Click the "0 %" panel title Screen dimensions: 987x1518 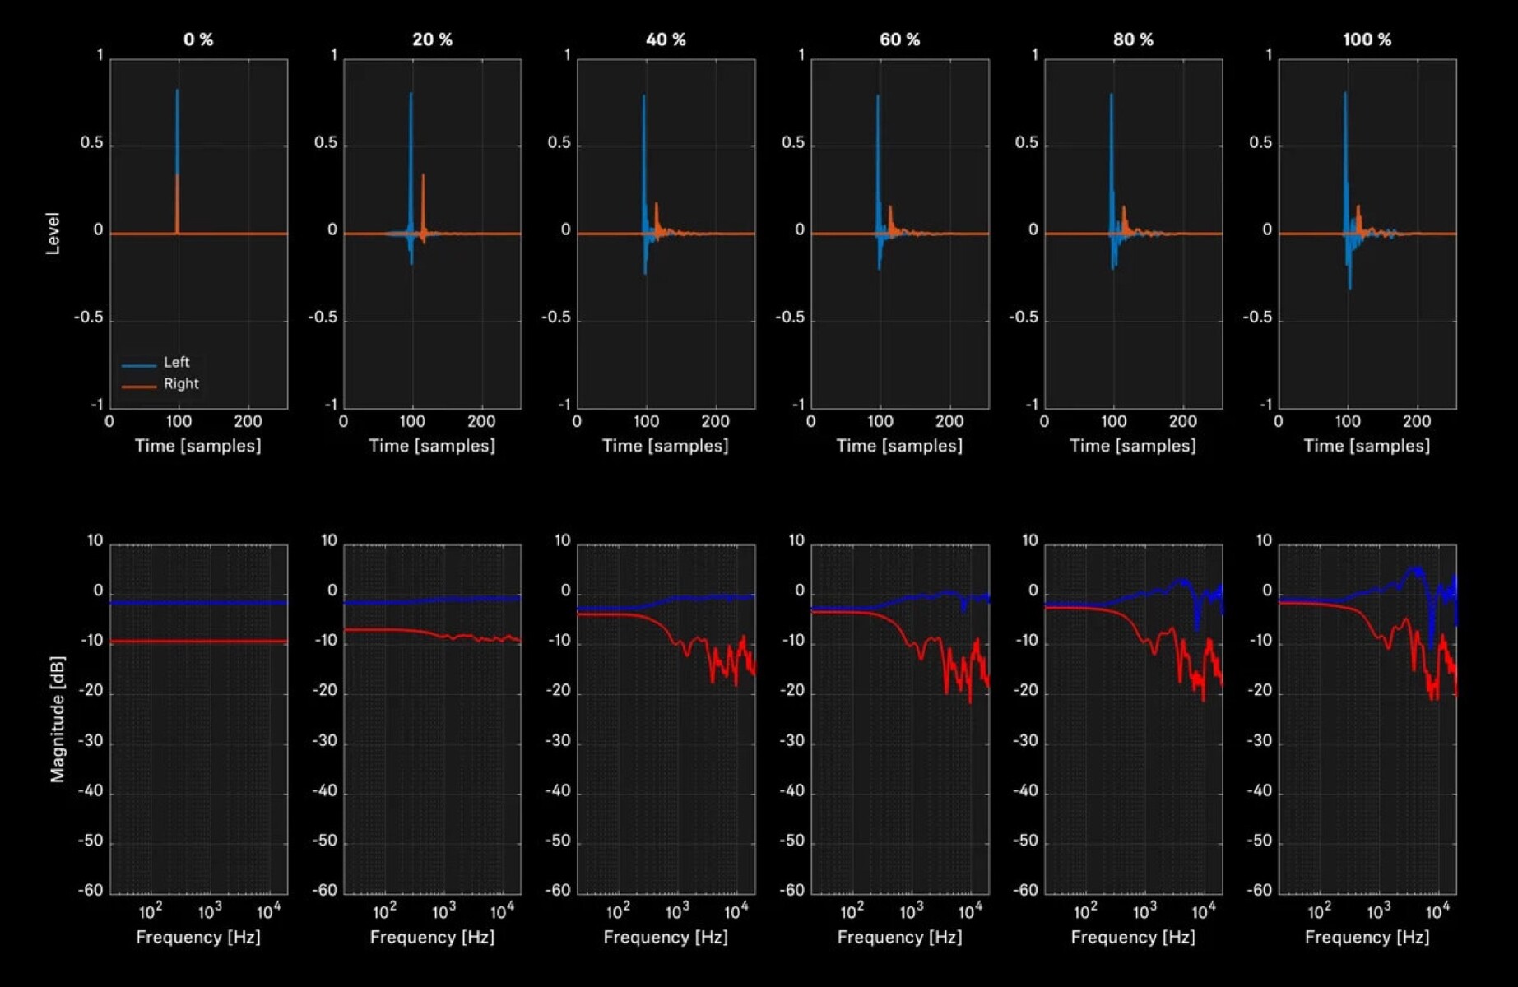(x=198, y=39)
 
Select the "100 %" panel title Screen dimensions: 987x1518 (x=1367, y=39)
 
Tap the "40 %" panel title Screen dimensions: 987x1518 (x=666, y=39)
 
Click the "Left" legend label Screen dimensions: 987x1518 (x=176, y=362)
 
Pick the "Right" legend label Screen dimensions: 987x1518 (x=181, y=384)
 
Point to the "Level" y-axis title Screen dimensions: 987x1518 (x=53, y=234)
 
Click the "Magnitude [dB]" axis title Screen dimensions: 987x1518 (x=57, y=719)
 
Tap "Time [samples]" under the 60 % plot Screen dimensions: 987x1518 (x=899, y=446)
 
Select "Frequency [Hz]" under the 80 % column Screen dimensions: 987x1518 (x=1133, y=937)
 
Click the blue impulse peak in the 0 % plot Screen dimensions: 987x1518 (x=177, y=91)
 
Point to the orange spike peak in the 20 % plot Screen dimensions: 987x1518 (x=423, y=175)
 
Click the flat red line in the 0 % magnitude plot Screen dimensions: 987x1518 (x=198, y=641)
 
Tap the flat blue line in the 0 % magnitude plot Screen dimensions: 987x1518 (x=198, y=603)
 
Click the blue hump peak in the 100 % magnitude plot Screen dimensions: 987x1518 (x=1415, y=569)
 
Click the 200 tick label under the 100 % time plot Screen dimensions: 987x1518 (x=1416, y=421)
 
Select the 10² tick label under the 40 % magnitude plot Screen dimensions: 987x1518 (x=618, y=911)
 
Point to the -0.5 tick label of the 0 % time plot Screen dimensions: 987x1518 (x=89, y=317)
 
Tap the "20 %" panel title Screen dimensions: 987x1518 (x=432, y=39)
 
